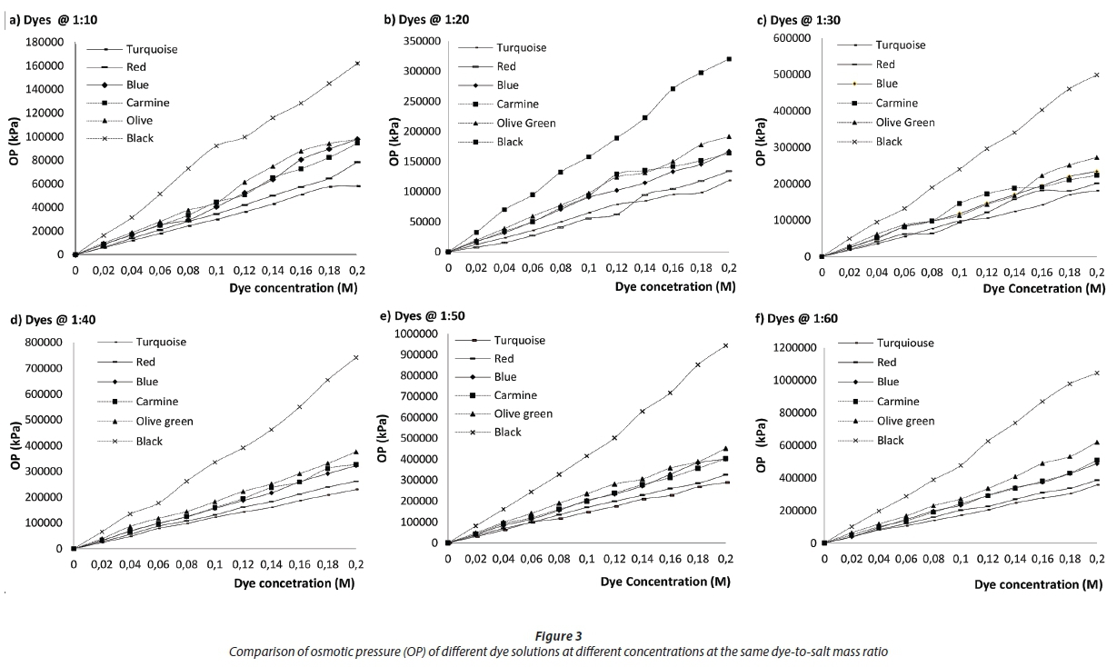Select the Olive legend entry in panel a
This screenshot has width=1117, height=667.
point(142,120)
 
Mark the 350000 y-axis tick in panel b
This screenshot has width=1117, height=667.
point(419,41)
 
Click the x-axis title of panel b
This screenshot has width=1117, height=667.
point(674,287)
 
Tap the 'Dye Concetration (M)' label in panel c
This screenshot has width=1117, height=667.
point(1044,287)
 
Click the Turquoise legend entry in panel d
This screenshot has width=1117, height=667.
point(161,343)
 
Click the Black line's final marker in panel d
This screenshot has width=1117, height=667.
point(356,357)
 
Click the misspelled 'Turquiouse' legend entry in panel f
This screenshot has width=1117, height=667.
point(905,343)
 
